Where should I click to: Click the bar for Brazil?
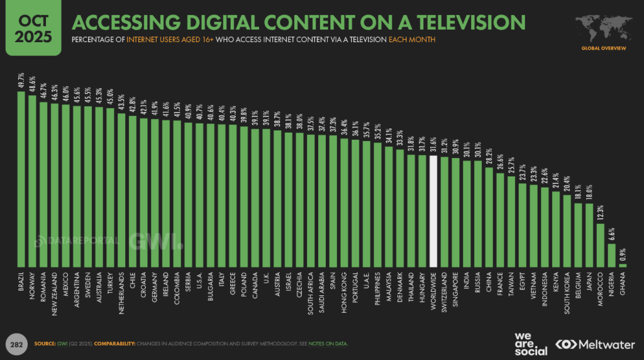click(x=21, y=179)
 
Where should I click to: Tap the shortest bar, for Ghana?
click(x=623, y=266)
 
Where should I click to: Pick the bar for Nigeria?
click(x=611, y=255)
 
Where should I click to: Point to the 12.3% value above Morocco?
click(x=600, y=215)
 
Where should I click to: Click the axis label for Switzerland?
click(x=444, y=290)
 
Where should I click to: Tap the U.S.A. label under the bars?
click(x=199, y=281)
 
